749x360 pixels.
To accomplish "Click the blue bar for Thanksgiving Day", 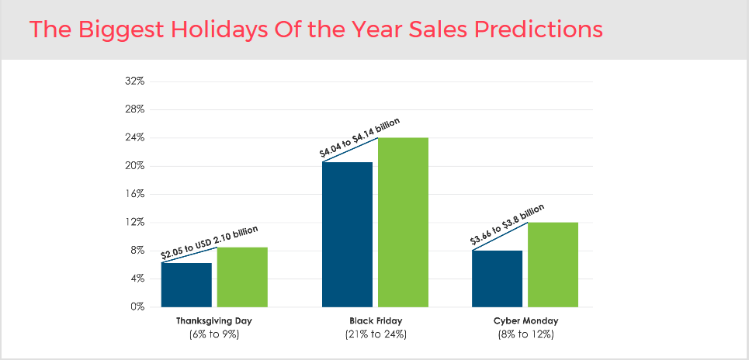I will coord(186,285).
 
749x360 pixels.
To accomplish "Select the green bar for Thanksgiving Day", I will coord(242,277).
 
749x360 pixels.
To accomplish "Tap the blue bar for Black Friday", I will coord(347,234).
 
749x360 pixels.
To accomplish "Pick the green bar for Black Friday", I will coord(403,222).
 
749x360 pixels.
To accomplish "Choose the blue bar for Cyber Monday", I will coord(497,279).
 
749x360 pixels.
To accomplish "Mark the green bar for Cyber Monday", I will coord(553,265).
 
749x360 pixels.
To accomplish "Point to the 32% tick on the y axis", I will coord(134,81).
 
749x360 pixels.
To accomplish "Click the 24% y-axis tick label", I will coord(134,138).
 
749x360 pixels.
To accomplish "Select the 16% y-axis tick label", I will coord(134,194).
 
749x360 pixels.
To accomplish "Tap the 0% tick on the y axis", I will coord(137,306).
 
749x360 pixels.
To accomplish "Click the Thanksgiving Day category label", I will coord(214,320).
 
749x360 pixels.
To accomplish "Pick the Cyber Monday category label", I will coord(525,320).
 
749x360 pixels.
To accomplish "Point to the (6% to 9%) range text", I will coord(214,334).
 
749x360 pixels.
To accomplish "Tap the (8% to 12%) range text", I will coord(525,334).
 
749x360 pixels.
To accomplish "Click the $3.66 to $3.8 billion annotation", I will coord(508,225).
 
